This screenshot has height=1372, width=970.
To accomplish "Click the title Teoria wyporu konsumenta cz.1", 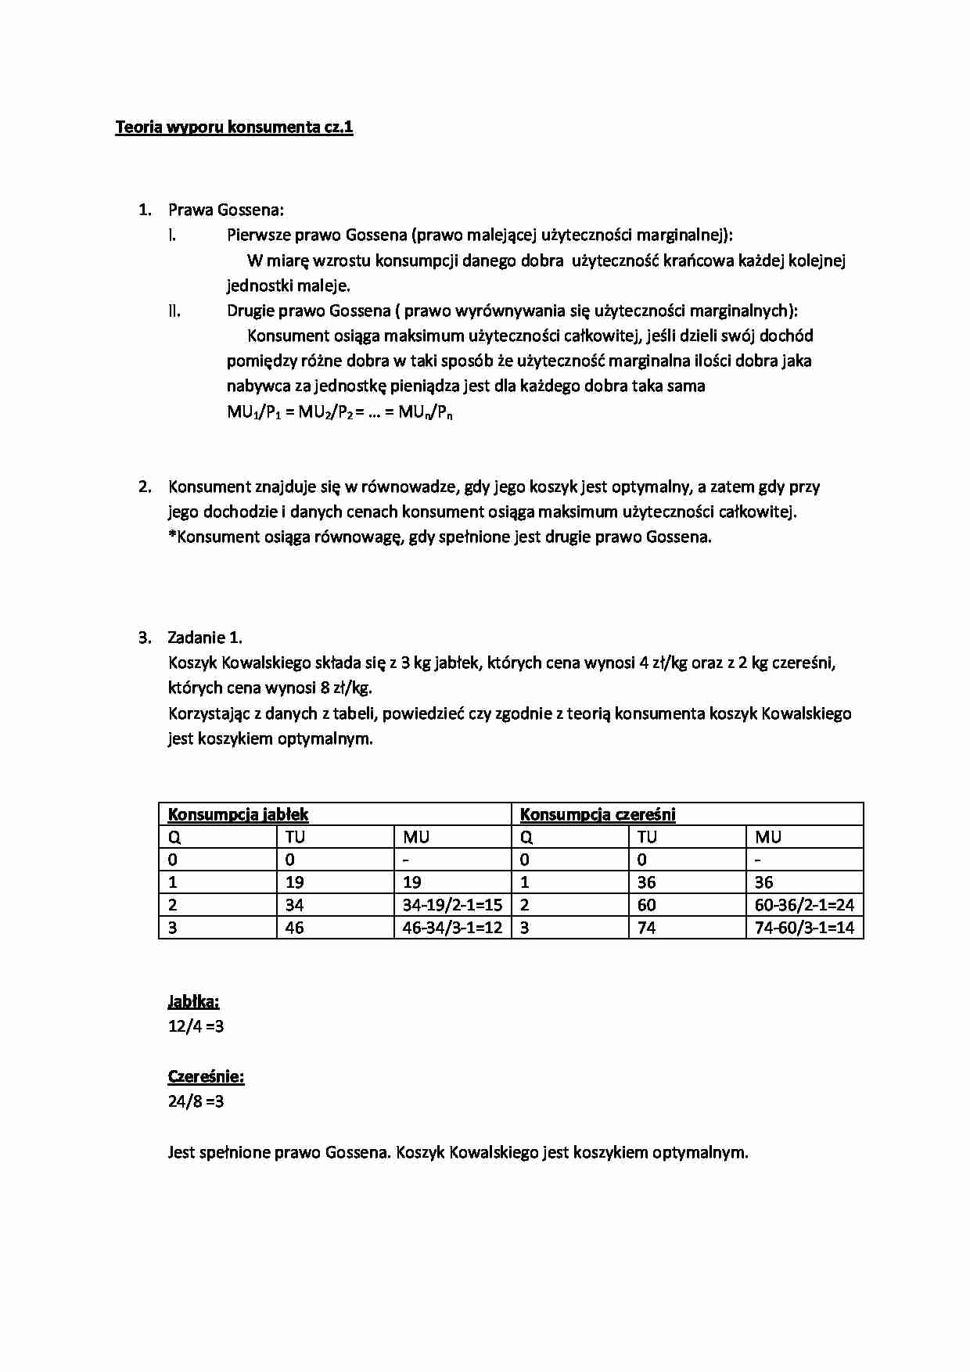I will pos(234,128).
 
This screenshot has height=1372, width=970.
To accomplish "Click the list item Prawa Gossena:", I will pos(225,210).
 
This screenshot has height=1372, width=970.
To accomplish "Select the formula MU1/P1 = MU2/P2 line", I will pos(339,412).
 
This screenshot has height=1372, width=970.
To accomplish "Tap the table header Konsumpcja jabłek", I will pos(238,814).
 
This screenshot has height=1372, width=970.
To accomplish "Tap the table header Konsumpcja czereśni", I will pos(598,814).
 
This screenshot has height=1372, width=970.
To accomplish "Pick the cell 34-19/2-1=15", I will pos(452,905).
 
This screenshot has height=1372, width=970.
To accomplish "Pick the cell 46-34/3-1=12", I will pos(452,928).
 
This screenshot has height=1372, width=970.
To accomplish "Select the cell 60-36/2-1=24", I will pos(804,905).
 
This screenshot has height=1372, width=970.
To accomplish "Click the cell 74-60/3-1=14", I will pos(804,928).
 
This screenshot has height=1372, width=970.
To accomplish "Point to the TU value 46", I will pos(295,928).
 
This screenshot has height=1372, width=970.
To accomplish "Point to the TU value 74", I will pos(647,928).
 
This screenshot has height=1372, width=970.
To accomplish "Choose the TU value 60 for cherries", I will pos(647,905).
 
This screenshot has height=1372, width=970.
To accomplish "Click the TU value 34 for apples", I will pos(295,905).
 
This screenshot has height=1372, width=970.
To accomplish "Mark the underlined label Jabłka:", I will pos(193,1001).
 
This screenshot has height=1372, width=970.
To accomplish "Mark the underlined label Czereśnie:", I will pos(206,1076).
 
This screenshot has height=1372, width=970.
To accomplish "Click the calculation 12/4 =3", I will pos(196,1025).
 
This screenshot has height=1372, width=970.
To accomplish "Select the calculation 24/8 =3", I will pos(196,1101).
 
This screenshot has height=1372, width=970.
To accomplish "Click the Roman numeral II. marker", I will pos(174,311).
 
